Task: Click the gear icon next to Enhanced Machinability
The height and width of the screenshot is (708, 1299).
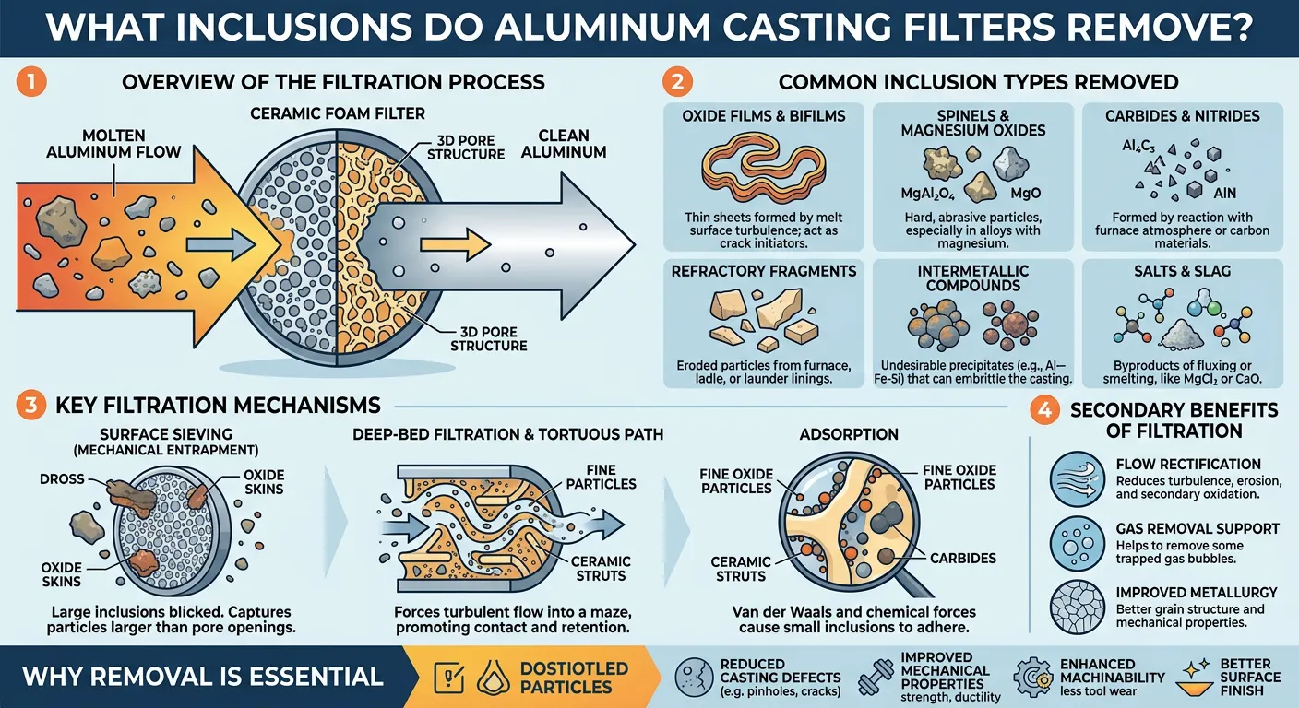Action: pos(1033,678)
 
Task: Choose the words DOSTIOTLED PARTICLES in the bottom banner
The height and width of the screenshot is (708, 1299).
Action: pos(573,678)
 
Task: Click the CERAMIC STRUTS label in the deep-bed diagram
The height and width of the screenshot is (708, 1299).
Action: pos(601,568)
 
